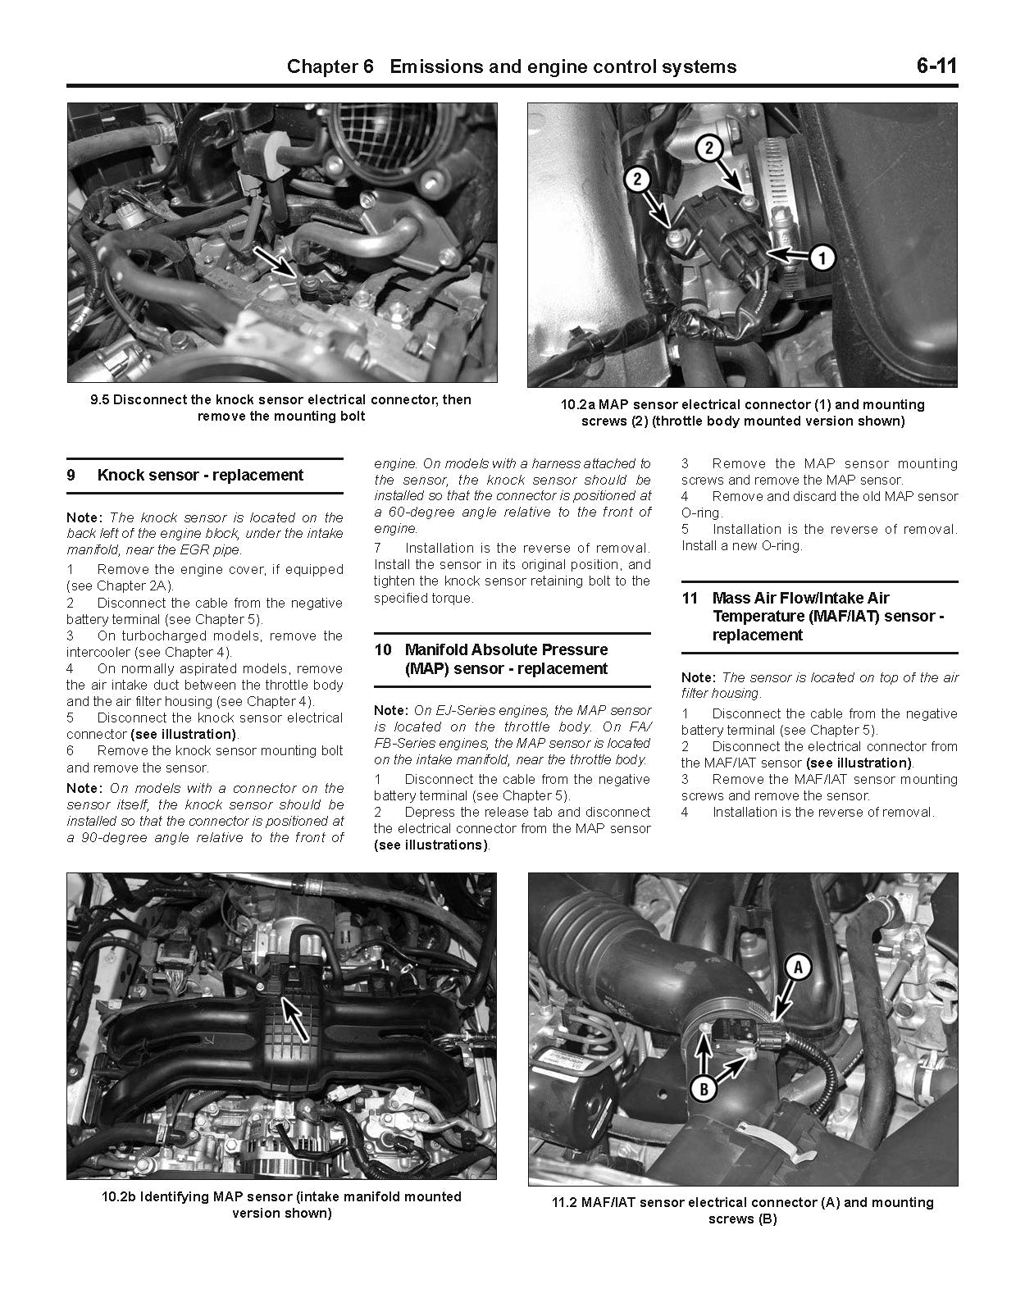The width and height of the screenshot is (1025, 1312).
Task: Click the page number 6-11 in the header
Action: coord(936,66)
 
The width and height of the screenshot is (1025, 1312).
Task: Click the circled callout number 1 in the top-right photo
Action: coord(820,257)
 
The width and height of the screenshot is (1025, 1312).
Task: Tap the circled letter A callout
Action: coord(797,968)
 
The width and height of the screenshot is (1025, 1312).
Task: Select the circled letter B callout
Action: coord(703,1089)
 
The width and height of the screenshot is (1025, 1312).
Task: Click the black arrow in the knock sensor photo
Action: coord(278,262)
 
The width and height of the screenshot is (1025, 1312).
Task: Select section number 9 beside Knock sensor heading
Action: coord(71,476)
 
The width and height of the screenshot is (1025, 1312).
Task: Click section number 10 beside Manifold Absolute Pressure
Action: coord(383,650)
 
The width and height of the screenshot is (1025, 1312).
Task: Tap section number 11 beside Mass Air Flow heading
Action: coord(690,599)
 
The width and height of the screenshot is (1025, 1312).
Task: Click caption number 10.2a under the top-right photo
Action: coord(578,405)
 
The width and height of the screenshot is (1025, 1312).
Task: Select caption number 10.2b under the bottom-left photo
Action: coord(119,1196)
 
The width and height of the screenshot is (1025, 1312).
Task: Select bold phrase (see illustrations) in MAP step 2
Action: coord(430,845)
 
